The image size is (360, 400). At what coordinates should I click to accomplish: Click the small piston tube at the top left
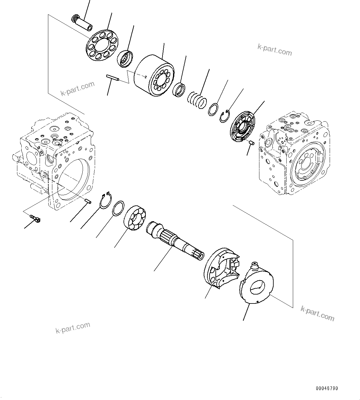(82, 24)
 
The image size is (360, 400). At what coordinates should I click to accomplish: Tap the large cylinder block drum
(153, 76)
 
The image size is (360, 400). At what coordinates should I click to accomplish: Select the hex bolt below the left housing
(36, 219)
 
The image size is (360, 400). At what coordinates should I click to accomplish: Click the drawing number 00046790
(327, 388)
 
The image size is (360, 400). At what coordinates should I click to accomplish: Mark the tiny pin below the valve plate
(252, 143)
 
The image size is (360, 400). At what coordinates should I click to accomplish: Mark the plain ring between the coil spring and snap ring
(213, 109)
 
